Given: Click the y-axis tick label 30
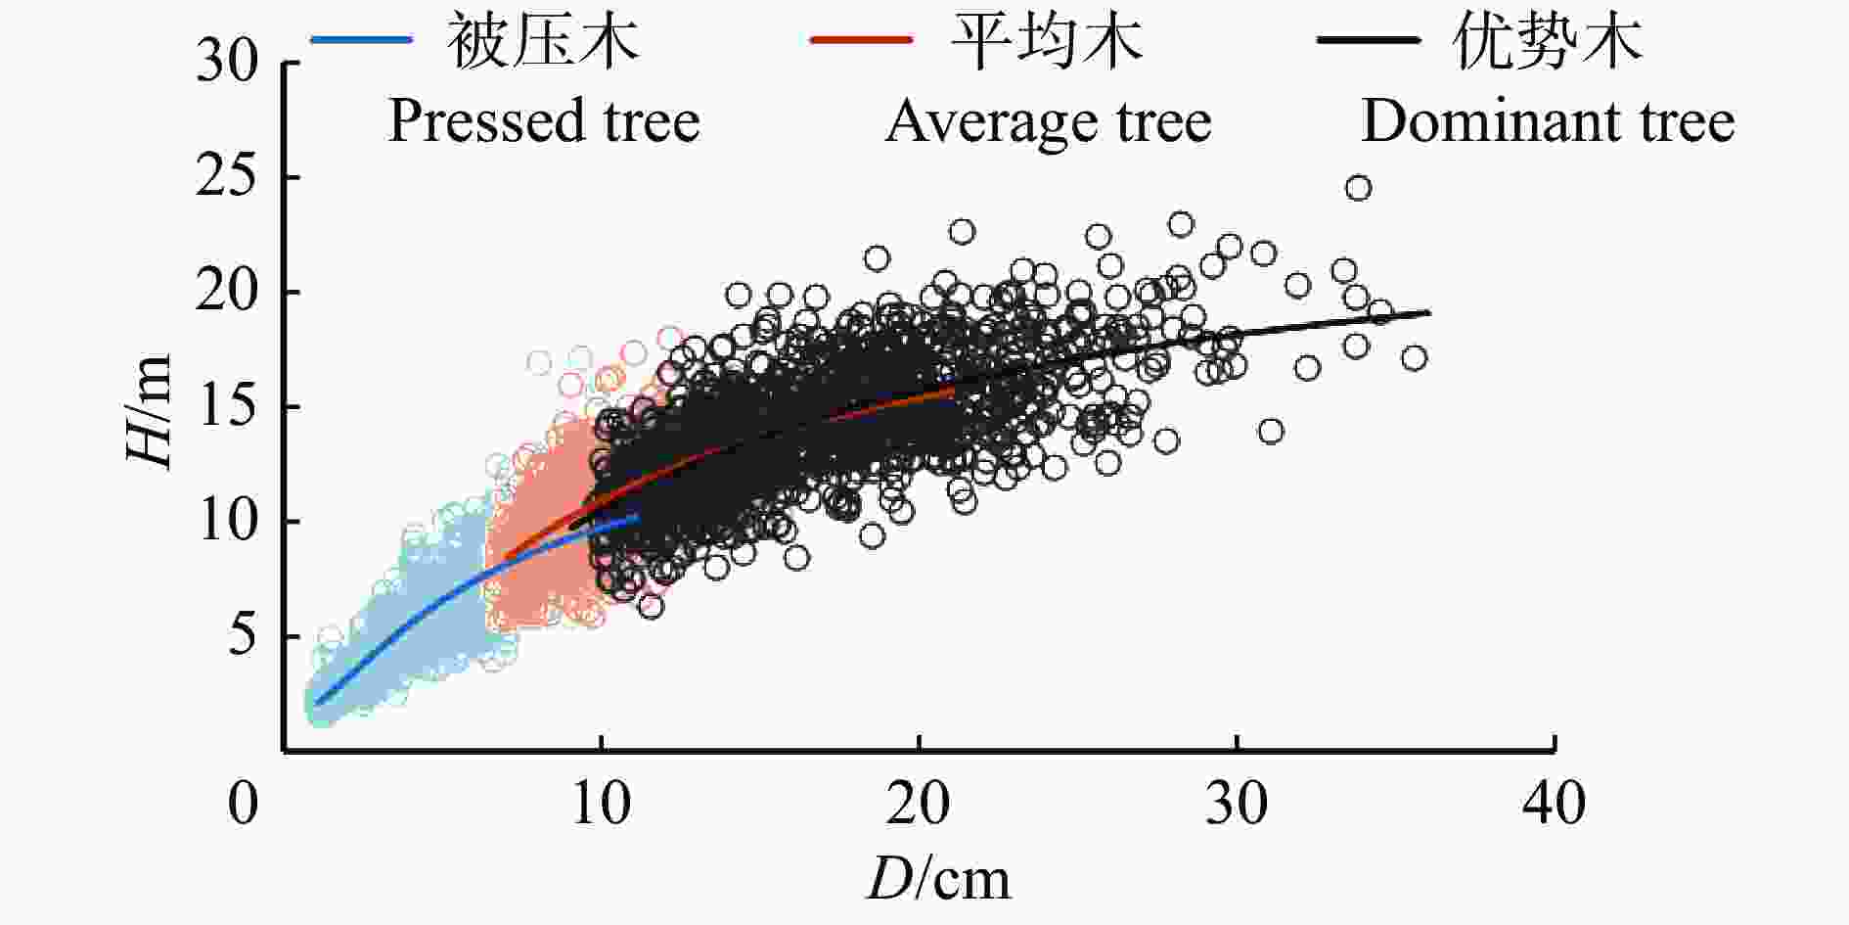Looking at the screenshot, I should [226, 64].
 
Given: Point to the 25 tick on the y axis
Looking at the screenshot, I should [226, 178].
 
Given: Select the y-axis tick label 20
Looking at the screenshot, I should [226, 293].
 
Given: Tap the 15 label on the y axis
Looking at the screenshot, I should [226, 407].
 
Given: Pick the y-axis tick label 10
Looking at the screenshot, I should [226, 522].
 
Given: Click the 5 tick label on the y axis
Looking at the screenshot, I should [240, 636].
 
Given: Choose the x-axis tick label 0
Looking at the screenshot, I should [244, 805].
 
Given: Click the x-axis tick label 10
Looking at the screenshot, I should [601, 805].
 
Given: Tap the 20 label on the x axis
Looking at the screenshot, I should [919, 805].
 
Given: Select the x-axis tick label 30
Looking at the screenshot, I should [1237, 805].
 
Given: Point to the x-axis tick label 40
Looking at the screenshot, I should [1555, 805].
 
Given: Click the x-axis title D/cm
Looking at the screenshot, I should [938, 879].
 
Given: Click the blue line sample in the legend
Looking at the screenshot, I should [362, 40].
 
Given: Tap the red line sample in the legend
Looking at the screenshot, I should [861, 40].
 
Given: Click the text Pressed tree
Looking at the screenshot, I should [544, 121].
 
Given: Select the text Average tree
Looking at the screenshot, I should [1048, 121].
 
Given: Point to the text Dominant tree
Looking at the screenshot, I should [1548, 121].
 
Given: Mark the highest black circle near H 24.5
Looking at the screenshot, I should [1358, 188].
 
